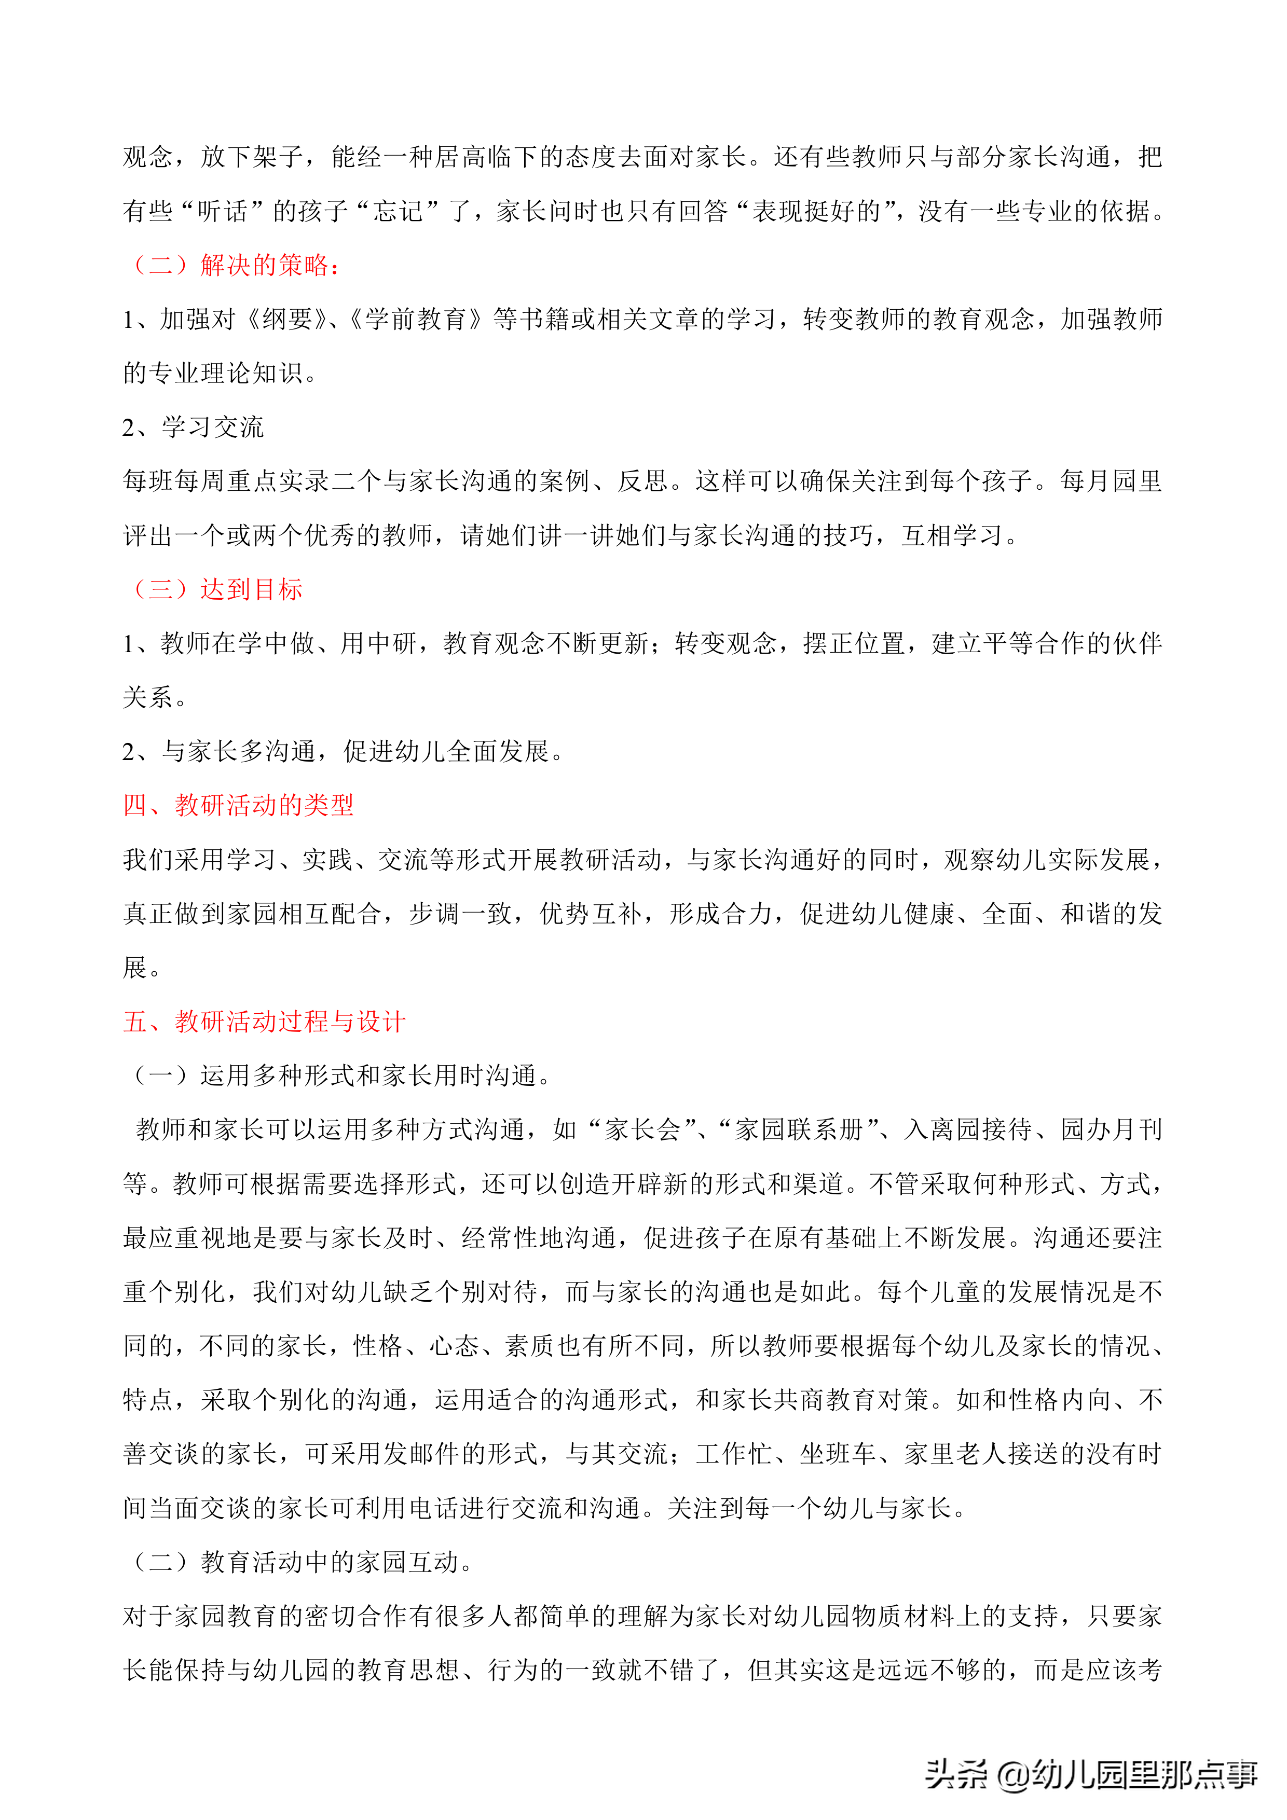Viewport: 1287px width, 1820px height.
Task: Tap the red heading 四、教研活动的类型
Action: point(238,805)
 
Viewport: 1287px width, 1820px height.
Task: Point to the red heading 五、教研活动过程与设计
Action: point(264,1021)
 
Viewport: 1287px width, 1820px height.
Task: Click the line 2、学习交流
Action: point(193,428)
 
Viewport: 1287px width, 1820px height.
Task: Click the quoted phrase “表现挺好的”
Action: point(817,211)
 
